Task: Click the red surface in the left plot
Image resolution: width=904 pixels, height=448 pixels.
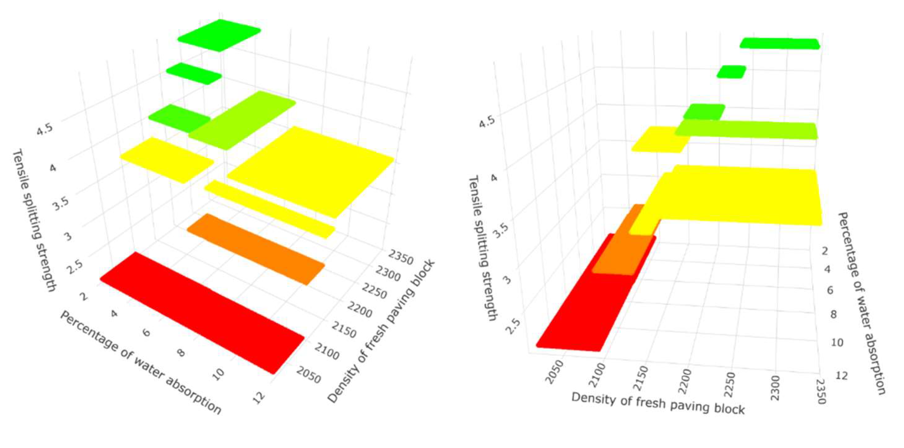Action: (202, 312)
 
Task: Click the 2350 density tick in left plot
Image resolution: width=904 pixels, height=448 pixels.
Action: (400, 257)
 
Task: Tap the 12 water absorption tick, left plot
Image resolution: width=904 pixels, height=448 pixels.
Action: (259, 398)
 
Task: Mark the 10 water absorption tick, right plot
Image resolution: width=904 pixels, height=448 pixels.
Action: (837, 342)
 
